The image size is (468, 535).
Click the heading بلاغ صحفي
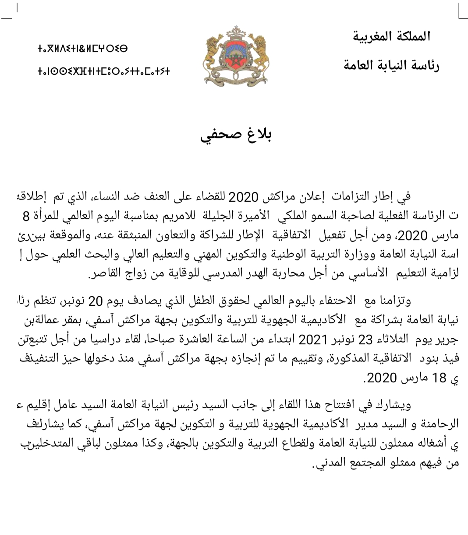tap(236, 136)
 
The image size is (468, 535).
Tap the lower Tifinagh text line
tap(103, 71)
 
